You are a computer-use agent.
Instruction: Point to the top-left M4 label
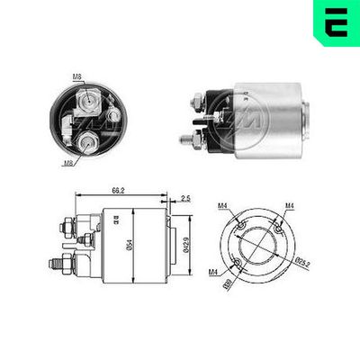(x=222, y=207)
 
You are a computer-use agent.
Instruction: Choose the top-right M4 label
(x=290, y=207)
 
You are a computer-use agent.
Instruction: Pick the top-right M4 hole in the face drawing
(x=283, y=221)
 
